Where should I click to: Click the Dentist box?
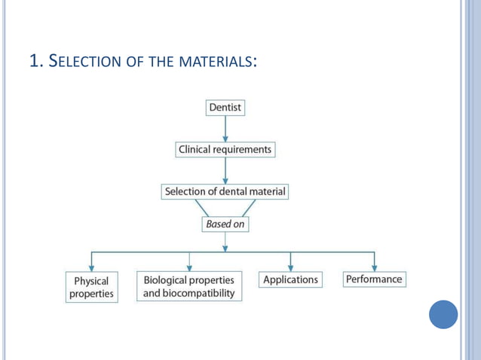(x=225, y=108)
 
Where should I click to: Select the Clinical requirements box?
(x=225, y=150)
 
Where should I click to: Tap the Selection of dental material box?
(x=225, y=192)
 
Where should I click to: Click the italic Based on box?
(x=225, y=224)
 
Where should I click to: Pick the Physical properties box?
(x=91, y=288)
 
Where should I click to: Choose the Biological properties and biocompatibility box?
(x=189, y=286)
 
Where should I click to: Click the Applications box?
(x=290, y=279)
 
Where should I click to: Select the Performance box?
(x=374, y=279)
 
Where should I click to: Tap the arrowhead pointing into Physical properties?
(x=91, y=267)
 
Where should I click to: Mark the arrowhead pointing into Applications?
(x=290, y=267)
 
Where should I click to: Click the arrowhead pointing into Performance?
(x=374, y=267)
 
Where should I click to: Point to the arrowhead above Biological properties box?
(x=189, y=267)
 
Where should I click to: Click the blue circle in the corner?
(x=443, y=314)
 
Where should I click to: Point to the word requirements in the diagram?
(x=241, y=150)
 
